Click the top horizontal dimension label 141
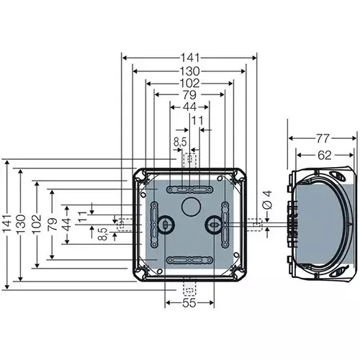[x=190, y=58]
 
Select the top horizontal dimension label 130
[x=190, y=71]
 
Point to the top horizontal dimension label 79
[x=190, y=94]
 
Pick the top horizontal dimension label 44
[x=190, y=107]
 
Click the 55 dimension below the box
[x=189, y=305]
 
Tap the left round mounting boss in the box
[x=165, y=225]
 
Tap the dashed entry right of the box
[x=256, y=225]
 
